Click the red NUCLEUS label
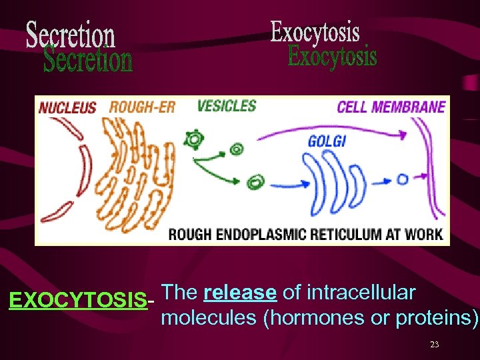pos(67,107)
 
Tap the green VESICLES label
pos(227,105)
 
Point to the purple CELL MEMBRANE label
pos(391,107)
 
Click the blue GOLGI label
pos(327,141)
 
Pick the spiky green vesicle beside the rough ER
pos(194,139)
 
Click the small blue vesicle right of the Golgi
pos(403,179)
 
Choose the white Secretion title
pos(70,34)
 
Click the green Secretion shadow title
pos(87,60)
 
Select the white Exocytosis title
pos(315,31)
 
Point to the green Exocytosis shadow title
pos(332,56)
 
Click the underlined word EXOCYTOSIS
pos(78,301)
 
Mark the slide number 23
pos(434,345)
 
